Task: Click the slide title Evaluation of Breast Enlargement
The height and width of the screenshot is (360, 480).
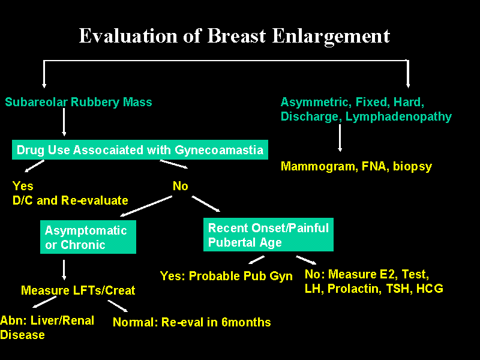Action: (x=234, y=36)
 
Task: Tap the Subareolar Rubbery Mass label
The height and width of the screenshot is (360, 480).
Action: (x=79, y=102)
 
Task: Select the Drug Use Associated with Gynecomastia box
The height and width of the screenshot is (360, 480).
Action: (x=139, y=150)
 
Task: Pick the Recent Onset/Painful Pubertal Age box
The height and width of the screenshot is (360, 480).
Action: (x=268, y=235)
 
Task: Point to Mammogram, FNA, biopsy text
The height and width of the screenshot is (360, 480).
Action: (x=356, y=167)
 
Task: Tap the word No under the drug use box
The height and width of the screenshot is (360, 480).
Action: (x=180, y=187)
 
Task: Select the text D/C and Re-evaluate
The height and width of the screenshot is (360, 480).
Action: (x=70, y=200)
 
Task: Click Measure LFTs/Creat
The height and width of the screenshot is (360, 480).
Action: (x=78, y=290)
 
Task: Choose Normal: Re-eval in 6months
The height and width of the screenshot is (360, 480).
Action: (x=192, y=322)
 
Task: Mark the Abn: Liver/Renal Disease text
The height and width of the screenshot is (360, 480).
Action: (x=47, y=328)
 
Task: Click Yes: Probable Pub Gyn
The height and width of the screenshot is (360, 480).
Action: (x=226, y=276)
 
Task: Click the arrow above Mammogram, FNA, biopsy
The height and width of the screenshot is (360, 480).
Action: (x=340, y=138)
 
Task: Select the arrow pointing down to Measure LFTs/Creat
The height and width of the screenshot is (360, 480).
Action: (x=64, y=269)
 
